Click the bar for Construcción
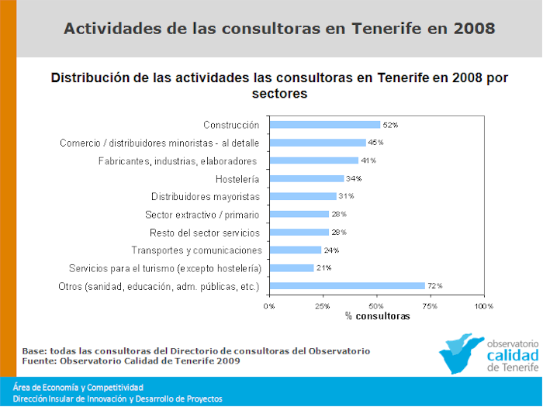pos(324,124)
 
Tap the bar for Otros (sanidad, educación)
pos(347,286)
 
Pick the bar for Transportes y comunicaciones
pos(295,250)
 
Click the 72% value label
pos(434,286)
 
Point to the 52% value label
pos(390,125)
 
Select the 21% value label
pos(323,268)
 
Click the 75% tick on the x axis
pos(431,306)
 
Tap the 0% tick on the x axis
pos(269,306)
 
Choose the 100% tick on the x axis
pos(483,306)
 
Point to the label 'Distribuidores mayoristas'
pos(205,197)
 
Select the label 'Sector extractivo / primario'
pos(202,215)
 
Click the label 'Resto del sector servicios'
pos(204,233)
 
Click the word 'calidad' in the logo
pos(512,354)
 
